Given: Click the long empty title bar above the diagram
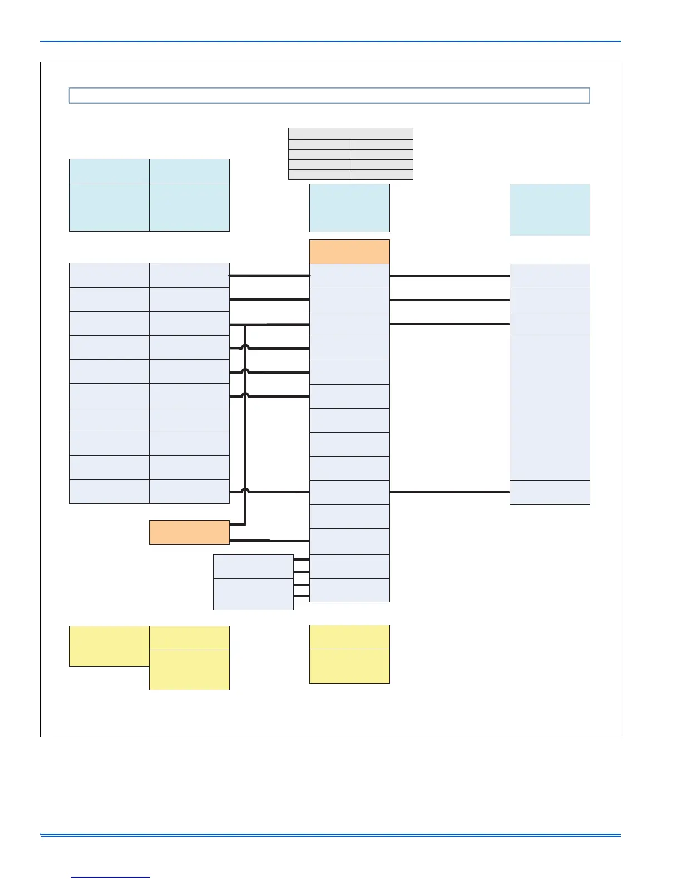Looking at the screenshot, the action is pyautogui.click(x=329, y=96).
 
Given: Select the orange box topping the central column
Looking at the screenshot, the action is pyautogui.click(x=349, y=252).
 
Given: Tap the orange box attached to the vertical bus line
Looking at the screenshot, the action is pyautogui.click(x=189, y=532).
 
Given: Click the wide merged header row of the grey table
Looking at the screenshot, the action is pyautogui.click(x=351, y=133).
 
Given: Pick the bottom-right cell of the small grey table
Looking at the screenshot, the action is pyautogui.click(x=382, y=174).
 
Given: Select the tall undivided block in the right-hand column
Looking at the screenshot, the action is pyautogui.click(x=550, y=408).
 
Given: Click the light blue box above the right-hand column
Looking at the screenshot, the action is pyautogui.click(x=550, y=210).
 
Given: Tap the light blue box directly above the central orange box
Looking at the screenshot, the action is pyautogui.click(x=349, y=208).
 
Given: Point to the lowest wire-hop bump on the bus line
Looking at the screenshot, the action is pyautogui.click(x=245, y=491).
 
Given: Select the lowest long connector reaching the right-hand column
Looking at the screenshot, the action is pyautogui.click(x=450, y=492).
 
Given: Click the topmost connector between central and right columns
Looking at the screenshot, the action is pyautogui.click(x=450, y=276).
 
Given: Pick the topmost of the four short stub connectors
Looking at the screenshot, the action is pyautogui.click(x=301, y=560).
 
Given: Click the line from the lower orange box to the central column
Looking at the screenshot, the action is pyautogui.click(x=269, y=540).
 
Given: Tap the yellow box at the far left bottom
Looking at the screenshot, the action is pyautogui.click(x=109, y=646).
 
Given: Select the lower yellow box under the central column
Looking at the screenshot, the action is pyautogui.click(x=349, y=666).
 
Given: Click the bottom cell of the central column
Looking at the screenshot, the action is pyautogui.click(x=349, y=590).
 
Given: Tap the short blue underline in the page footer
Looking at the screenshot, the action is pyautogui.click(x=110, y=878).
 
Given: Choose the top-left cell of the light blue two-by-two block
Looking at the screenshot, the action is pyautogui.click(x=109, y=171).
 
